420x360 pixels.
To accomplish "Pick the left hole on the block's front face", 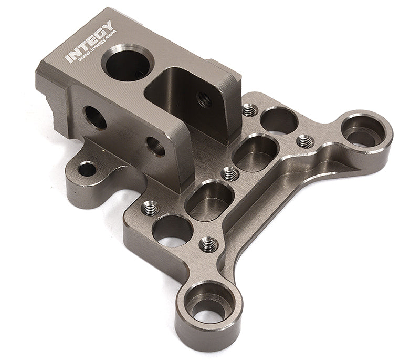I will click(94, 117).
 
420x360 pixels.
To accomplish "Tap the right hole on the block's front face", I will click(155, 146).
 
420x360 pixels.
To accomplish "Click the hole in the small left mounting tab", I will click(87, 169).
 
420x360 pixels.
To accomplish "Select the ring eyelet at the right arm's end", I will click(363, 131).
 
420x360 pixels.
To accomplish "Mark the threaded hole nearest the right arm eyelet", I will click(305, 141).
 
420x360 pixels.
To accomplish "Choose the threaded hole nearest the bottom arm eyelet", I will click(208, 244).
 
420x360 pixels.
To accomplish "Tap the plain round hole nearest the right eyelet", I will click(279, 120).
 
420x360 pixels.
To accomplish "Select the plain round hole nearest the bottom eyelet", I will click(172, 230).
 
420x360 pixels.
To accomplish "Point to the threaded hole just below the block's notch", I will click(249, 110).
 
